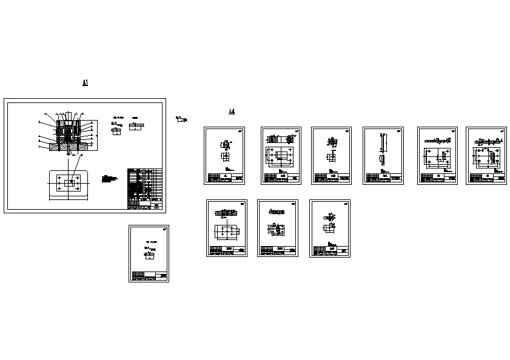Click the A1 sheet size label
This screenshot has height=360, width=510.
(86, 82)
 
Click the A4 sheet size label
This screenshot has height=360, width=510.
(231, 112)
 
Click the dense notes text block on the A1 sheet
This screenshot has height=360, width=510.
(110, 180)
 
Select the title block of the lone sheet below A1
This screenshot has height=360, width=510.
(149, 276)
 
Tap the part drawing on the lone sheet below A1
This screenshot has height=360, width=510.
(149, 255)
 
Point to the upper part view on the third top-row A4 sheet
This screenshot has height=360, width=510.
(332, 142)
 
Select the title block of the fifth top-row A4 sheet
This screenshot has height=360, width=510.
(437, 178)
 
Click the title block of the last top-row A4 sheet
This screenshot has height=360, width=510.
(486, 178)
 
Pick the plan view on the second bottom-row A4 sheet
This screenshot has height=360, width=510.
(278, 230)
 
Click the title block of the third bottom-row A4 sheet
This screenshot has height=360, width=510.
(330, 251)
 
